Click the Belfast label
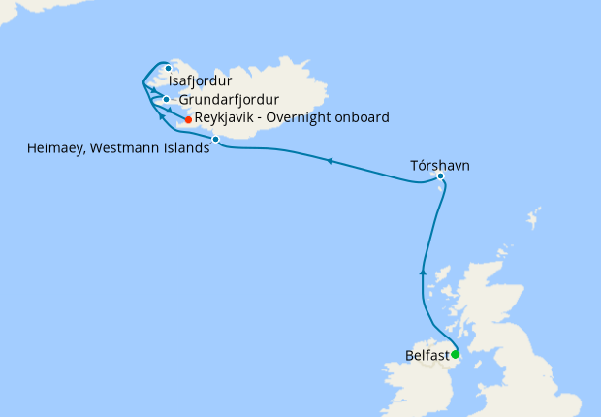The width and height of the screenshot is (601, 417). pyautogui.click(x=427, y=355)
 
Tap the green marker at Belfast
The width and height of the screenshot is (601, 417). pyautogui.click(x=455, y=355)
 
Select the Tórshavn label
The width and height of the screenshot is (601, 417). pyautogui.click(x=441, y=165)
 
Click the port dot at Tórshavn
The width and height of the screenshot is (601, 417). pyautogui.click(x=440, y=176)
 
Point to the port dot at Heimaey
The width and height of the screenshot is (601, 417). pyautogui.click(x=215, y=140)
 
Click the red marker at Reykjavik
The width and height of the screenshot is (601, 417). pyautogui.click(x=188, y=119)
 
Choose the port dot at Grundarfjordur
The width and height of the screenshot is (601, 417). pyautogui.click(x=167, y=99)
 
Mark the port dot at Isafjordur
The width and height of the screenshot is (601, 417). pyautogui.click(x=169, y=68)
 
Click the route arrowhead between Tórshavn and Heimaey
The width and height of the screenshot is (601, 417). pyautogui.click(x=330, y=161)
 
